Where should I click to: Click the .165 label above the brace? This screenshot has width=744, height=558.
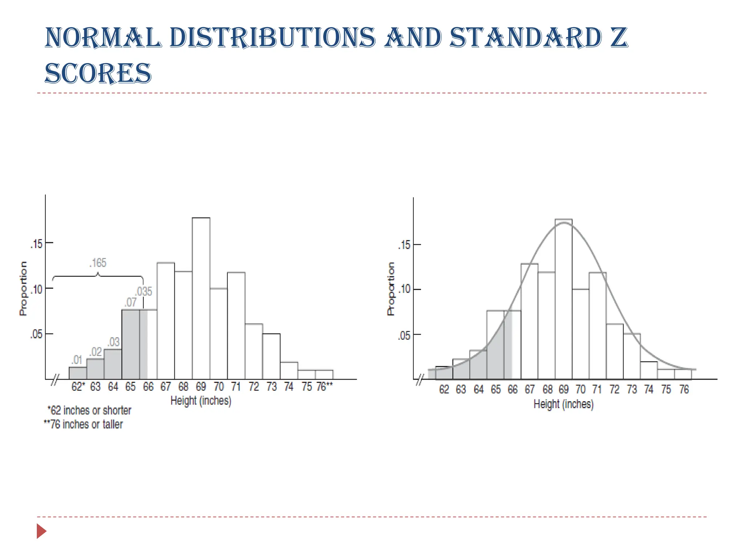(x=98, y=263)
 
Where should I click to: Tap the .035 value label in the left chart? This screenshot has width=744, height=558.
(x=144, y=291)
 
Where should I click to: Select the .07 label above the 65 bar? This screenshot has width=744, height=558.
(x=130, y=302)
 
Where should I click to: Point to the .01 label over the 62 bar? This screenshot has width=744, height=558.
(x=77, y=360)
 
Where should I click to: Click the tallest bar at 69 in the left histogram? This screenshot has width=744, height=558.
(x=201, y=298)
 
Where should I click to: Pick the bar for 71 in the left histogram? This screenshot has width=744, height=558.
(x=236, y=325)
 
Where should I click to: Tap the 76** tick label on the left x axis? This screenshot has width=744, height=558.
(x=324, y=387)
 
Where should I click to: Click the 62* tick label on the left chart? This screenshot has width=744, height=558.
(x=78, y=387)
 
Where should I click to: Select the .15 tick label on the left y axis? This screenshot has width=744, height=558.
(x=37, y=244)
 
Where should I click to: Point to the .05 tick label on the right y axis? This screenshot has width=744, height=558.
(x=404, y=335)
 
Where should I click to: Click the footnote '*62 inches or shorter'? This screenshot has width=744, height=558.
(x=89, y=411)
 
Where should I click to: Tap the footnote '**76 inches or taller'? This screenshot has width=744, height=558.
(x=84, y=424)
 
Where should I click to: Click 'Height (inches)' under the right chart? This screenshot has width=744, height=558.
(x=563, y=404)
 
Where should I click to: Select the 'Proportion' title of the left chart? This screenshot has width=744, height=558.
(x=23, y=288)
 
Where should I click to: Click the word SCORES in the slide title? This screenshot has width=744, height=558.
(x=98, y=73)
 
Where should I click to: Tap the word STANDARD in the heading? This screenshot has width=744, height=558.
(x=526, y=38)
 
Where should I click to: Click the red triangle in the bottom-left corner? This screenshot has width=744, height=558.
(x=41, y=531)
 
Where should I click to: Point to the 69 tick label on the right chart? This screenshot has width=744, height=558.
(x=563, y=390)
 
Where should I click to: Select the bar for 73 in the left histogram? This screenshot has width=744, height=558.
(x=271, y=356)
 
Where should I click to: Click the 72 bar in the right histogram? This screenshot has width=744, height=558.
(x=615, y=351)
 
